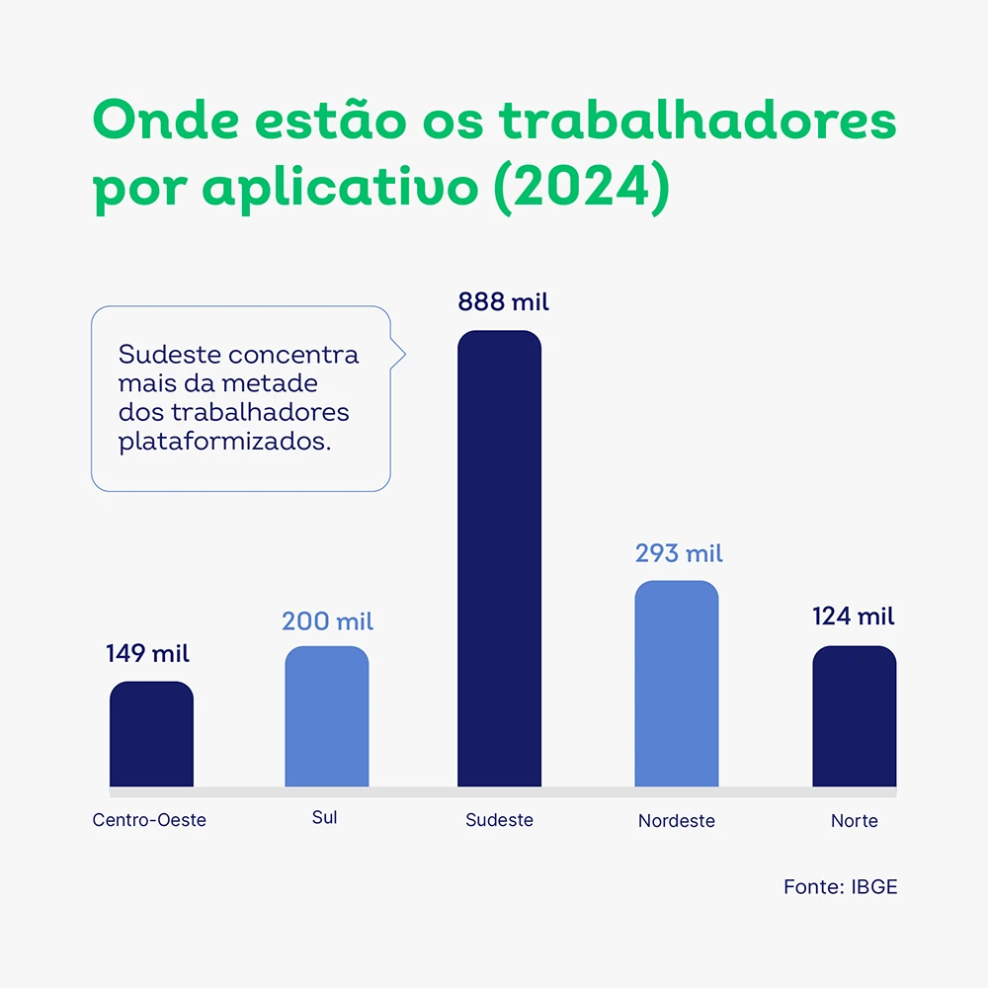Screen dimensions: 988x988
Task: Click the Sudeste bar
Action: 499,558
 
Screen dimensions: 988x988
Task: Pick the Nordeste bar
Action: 676,684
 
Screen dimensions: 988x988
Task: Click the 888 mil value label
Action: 503,302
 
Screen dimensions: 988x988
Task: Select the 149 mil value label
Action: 148,653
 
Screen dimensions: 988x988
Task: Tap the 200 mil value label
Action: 327,621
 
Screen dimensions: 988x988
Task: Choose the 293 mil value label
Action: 679,553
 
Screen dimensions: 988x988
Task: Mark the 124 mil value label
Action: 854,617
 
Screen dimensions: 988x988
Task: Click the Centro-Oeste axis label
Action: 149,820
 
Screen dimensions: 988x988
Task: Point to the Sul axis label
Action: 324,818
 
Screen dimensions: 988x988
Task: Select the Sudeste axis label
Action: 499,820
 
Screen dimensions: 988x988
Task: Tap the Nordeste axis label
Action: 676,821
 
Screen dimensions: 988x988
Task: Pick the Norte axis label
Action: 854,821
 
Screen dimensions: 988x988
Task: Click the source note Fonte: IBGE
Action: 840,886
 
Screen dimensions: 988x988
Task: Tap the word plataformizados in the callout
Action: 224,442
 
